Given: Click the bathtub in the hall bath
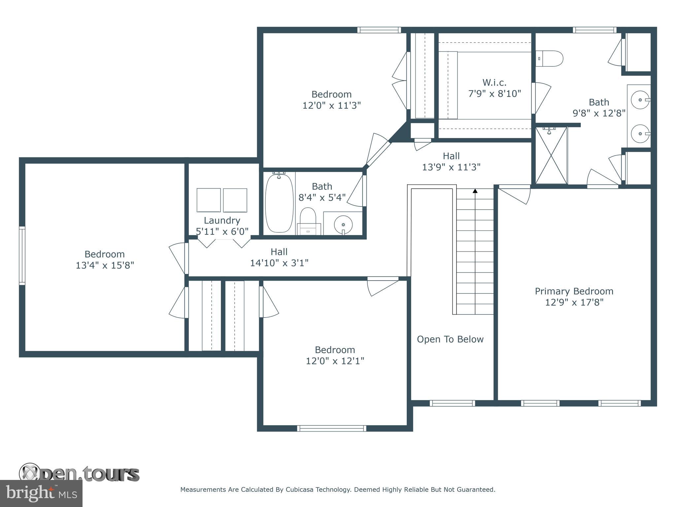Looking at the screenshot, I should click(x=279, y=203).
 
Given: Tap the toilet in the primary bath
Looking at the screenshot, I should click(x=550, y=58).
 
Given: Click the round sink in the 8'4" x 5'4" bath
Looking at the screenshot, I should click(x=343, y=225).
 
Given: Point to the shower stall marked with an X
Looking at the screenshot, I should click(x=551, y=155).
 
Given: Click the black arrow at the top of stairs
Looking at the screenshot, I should click(x=475, y=191).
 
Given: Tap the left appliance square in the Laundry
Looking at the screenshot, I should click(x=209, y=200).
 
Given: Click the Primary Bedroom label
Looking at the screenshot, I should click(x=574, y=291).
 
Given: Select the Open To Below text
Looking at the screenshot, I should click(x=450, y=339).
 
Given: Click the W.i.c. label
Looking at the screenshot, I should click(x=494, y=82).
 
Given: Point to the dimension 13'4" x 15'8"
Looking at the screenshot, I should click(x=105, y=265).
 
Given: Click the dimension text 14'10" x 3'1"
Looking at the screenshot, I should click(x=279, y=263).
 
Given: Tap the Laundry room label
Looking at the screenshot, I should click(x=222, y=220).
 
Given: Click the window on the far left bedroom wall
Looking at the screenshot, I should click(x=22, y=255).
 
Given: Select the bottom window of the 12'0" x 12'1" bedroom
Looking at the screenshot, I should click(x=331, y=428).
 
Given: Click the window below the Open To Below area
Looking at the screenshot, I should click(x=452, y=403).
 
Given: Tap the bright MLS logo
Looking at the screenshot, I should click(x=41, y=493).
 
